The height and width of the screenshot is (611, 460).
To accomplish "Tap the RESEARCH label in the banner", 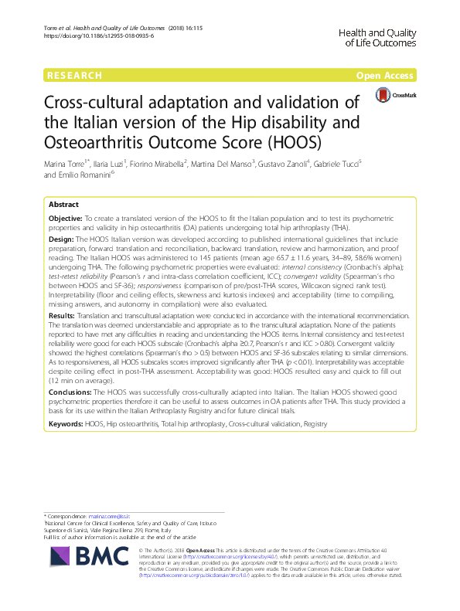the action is [74, 76].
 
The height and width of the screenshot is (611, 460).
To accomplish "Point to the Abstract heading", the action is [63, 205].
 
